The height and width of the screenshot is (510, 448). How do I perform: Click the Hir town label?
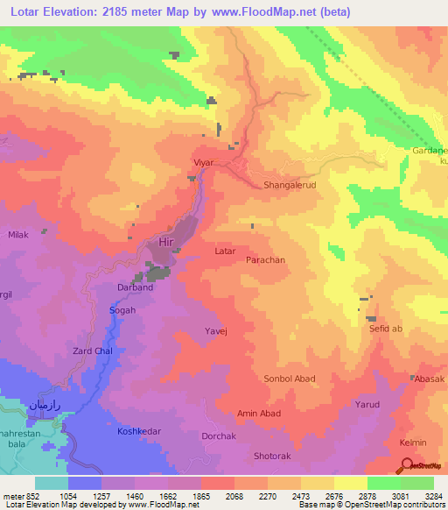(167, 242)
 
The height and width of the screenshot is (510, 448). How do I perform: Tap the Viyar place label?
(203, 163)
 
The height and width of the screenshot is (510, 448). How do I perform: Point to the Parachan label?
(264, 260)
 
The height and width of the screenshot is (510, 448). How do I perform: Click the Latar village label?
(225, 251)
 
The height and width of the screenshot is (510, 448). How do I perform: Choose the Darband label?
(135, 287)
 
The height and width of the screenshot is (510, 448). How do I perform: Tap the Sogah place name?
(121, 310)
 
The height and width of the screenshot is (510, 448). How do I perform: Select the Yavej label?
(215, 331)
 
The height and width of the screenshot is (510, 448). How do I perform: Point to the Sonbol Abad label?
(289, 379)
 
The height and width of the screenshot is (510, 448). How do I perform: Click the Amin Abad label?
(257, 413)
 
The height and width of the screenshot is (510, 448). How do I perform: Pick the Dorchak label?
(218, 436)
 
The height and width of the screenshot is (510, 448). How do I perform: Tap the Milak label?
(18, 235)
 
